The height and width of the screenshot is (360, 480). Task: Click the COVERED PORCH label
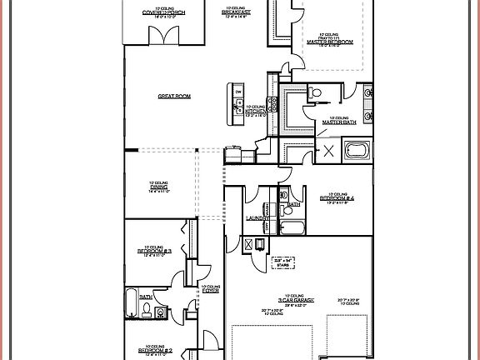(162, 12)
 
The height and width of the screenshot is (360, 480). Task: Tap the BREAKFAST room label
(238, 12)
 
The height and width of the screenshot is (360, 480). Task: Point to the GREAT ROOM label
(174, 97)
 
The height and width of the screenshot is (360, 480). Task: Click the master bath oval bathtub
(356, 152)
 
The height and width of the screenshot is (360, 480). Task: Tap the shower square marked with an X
(328, 151)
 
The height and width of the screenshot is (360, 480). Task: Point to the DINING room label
(159, 187)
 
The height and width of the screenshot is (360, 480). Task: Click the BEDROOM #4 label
(337, 198)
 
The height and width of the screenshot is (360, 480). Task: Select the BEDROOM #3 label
(156, 251)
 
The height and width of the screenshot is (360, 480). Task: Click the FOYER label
(210, 291)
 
